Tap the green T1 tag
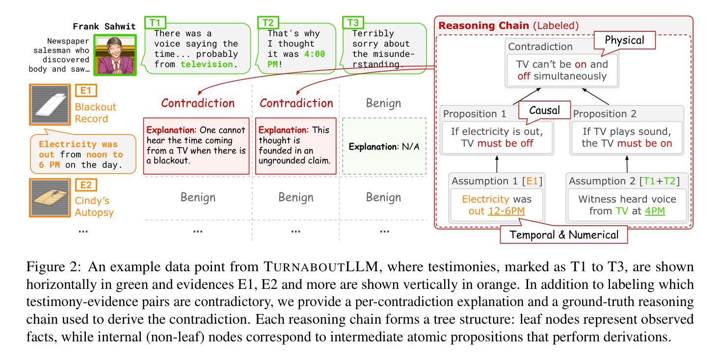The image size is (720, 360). (x=155, y=22)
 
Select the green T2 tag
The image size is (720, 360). (x=268, y=22)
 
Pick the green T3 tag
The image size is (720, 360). (x=353, y=22)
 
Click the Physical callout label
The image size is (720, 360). (x=630, y=41)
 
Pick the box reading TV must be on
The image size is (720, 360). (x=626, y=137)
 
